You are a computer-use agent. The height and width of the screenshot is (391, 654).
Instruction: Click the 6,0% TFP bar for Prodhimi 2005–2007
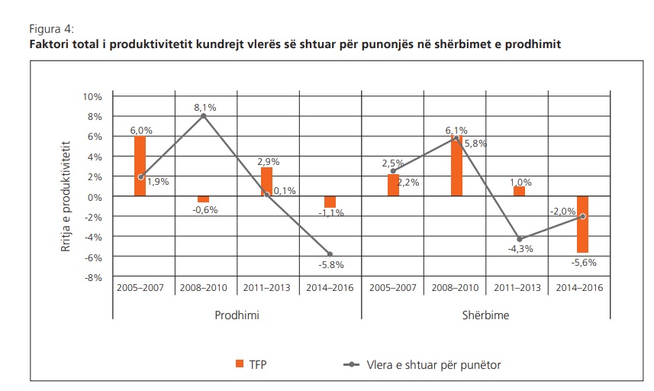click(140, 166)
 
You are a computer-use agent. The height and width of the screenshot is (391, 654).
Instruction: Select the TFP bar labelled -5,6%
click(582, 224)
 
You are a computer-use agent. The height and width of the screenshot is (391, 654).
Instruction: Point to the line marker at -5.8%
click(330, 254)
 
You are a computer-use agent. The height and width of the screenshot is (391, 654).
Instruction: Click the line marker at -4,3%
click(520, 239)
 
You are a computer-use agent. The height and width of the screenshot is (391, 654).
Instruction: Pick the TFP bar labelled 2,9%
click(266, 182)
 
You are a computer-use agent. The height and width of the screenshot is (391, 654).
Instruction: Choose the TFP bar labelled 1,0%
click(519, 191)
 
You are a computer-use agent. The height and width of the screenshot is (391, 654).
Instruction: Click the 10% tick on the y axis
click(92, 97)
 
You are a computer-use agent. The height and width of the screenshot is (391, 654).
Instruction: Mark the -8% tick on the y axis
click(92, 277)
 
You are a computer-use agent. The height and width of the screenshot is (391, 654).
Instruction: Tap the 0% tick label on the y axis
click(95, 197)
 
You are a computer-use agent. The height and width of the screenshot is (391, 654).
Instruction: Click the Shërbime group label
click(486, 315)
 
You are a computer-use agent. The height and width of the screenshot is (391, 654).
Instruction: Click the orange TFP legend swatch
click(239, 365)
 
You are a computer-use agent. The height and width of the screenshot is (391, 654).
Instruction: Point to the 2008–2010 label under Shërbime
click(456, 289)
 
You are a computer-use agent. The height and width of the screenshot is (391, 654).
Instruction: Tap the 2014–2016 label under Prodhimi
click(330, 289)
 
